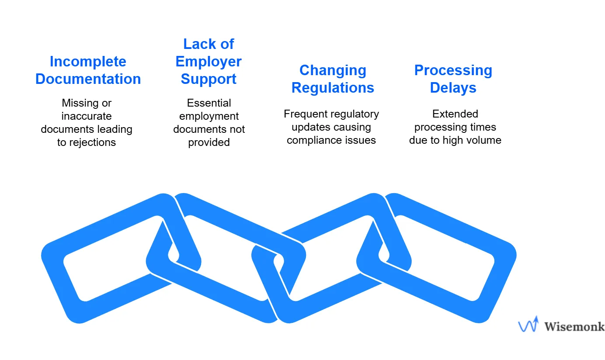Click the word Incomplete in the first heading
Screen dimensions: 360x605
(x=88, y=62)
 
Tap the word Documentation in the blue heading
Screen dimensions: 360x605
(x=88, y=79)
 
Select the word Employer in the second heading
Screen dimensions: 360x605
(x=209, y=62)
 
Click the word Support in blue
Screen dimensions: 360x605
(x=209, y=79)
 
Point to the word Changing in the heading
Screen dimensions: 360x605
(x=333, y=70)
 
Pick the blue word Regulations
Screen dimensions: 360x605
(x=333, y=88)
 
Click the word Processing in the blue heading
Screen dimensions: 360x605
(x=453, y=70)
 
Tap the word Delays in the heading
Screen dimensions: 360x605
(x=453, y=88)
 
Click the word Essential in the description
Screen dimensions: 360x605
(x=209, y=103)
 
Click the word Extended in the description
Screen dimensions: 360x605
(x=455, y=114)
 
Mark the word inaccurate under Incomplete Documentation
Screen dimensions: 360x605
(x=87, y=116)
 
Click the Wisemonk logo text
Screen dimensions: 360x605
(x=574, y=326)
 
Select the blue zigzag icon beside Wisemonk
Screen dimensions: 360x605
(x=528, y=325)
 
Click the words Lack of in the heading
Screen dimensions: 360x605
(x=209, y=44)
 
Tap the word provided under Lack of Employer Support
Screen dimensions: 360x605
(x=209, y=142)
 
